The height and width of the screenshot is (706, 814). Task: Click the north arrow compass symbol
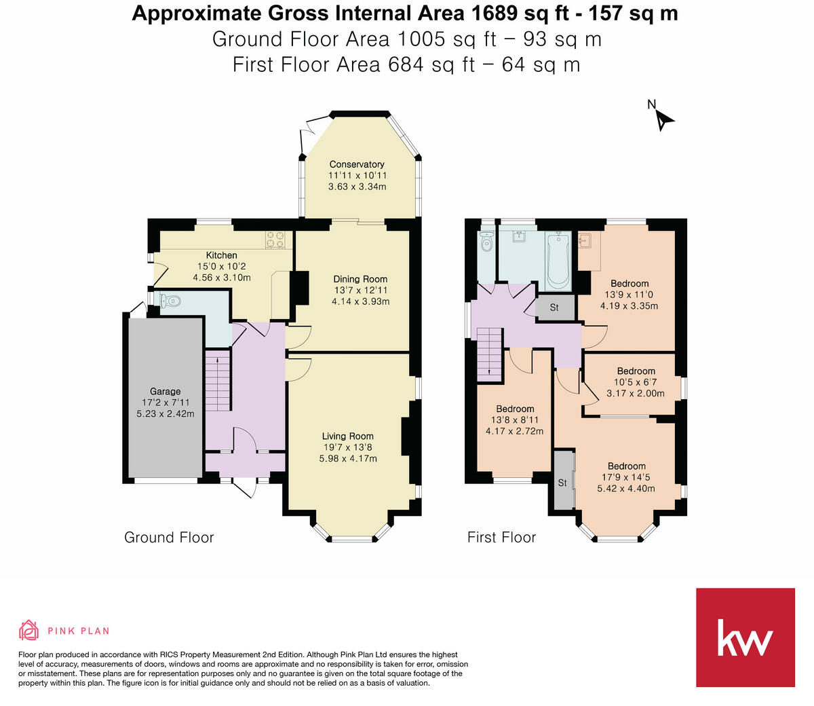(x=661, y=118)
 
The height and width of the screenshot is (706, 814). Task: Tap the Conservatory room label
(x=357, y=164)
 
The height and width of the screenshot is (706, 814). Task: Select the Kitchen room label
(x=222, y=255)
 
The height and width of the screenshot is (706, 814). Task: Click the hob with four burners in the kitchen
(x=275, y=240)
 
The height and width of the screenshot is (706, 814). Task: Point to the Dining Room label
(x=360, y=279)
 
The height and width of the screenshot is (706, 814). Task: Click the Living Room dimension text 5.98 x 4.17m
(x=348, y=458)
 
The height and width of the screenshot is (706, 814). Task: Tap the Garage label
(x=166, y=391)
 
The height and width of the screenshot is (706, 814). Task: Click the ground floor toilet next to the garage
(x=170, y=300)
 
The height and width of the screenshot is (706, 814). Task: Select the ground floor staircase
(x=218, y=380)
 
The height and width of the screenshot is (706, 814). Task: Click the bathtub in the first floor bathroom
(x=558, y=259)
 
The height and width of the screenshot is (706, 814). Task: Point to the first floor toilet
(x=486, y=242)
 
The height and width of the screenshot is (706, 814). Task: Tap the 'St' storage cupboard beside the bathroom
(x=554, y=308)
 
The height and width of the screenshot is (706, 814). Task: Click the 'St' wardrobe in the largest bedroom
(x=563, y=483)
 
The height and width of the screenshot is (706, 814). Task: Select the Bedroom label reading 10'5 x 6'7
(x=636, y=371)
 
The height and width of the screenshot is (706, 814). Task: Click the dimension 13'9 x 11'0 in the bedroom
(x=629, y=295)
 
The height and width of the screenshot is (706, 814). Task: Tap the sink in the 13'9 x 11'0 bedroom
(x=585, y=242)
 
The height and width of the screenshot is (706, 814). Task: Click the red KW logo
(x=745, y=637)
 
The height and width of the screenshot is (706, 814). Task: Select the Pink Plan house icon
(x=28, y=630)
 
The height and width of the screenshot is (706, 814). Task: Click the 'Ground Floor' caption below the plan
(x=169, y=538)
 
